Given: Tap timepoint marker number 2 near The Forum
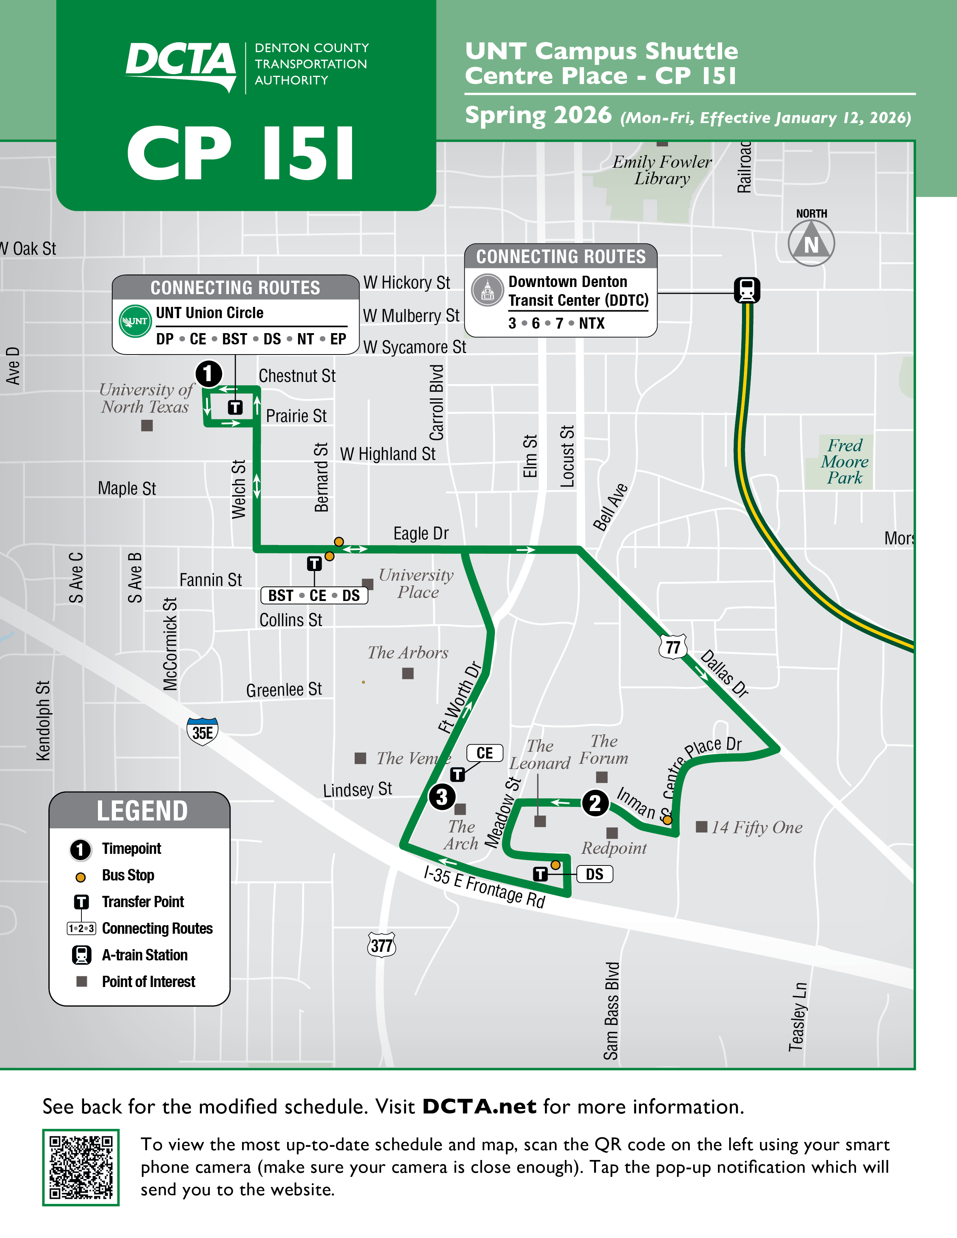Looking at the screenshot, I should click(x=595, y=803).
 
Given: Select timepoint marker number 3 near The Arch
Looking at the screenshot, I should click(x=442, y=797).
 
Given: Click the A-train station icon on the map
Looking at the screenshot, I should click(x=747, y=290).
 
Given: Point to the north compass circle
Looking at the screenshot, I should click(x=811, y=243).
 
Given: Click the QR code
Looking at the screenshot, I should click(x=81, y=1167).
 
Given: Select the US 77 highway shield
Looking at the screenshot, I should click(x=673, y=647).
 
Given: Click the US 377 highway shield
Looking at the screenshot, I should click(x=382, y=945).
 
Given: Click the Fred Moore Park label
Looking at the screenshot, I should click(x=844, y=461).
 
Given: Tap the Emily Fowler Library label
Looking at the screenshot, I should click(x=662, y=170).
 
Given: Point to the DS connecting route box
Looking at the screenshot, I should click(x=594, y=874).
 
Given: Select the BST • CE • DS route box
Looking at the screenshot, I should click(x=314, y=596).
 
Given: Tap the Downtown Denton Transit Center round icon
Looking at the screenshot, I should click(x=487, y=290).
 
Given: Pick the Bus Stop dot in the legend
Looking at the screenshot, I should click(x=81, y=877).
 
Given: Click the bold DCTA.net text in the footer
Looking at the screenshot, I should click(x=479, y=1106).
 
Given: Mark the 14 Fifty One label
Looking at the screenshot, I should click(x=756, y=828).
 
